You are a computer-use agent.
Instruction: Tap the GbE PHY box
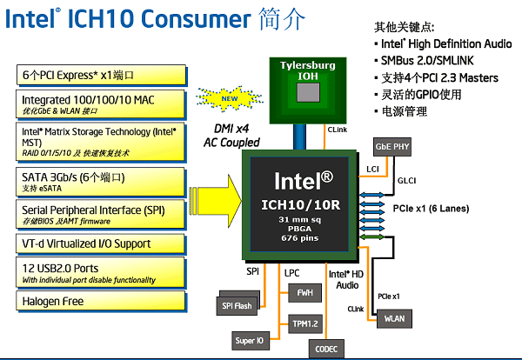click(392, 147)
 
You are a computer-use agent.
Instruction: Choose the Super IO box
click(251, 340)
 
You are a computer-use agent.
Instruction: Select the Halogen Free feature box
click(100, 301)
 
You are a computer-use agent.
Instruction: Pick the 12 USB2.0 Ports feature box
click(100, 273)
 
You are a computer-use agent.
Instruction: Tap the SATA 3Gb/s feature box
click(100, 180)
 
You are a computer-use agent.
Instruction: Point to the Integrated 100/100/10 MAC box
click(100, 105)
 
